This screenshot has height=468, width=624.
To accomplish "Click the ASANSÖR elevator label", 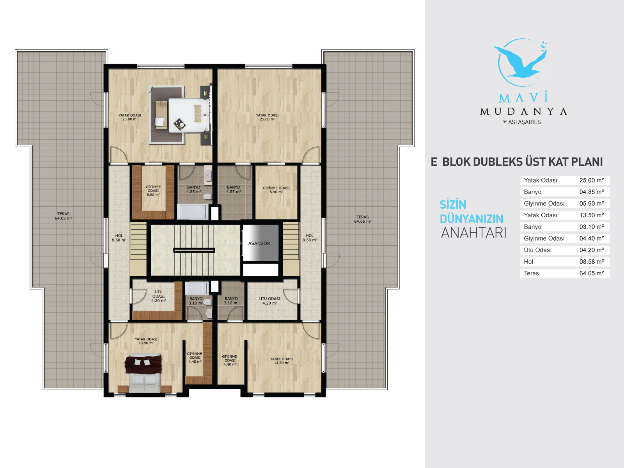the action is [259, 243].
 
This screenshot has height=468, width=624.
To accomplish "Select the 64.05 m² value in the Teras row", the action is [592, 273].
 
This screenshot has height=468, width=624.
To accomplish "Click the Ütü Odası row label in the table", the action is [537, 250].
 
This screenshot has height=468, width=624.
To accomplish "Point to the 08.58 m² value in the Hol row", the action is [592, 262].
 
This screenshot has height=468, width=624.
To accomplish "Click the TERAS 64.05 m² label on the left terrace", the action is [64, 216].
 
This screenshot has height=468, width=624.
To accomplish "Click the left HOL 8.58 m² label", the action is [119, 238].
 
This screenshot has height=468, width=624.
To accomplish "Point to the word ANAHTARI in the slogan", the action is [473, 233].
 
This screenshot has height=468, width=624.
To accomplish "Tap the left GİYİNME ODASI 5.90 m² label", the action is [153, 191].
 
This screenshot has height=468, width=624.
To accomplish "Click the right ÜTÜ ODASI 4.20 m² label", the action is [269, 301].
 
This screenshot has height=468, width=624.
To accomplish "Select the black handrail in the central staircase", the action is [194, 250].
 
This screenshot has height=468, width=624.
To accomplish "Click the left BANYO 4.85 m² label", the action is [193, 190].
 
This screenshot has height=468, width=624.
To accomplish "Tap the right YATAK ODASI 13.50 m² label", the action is [281, 361].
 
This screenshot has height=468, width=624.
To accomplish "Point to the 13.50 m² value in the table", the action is [592, 215].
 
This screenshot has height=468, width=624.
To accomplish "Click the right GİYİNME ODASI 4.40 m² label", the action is [229, 360].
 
